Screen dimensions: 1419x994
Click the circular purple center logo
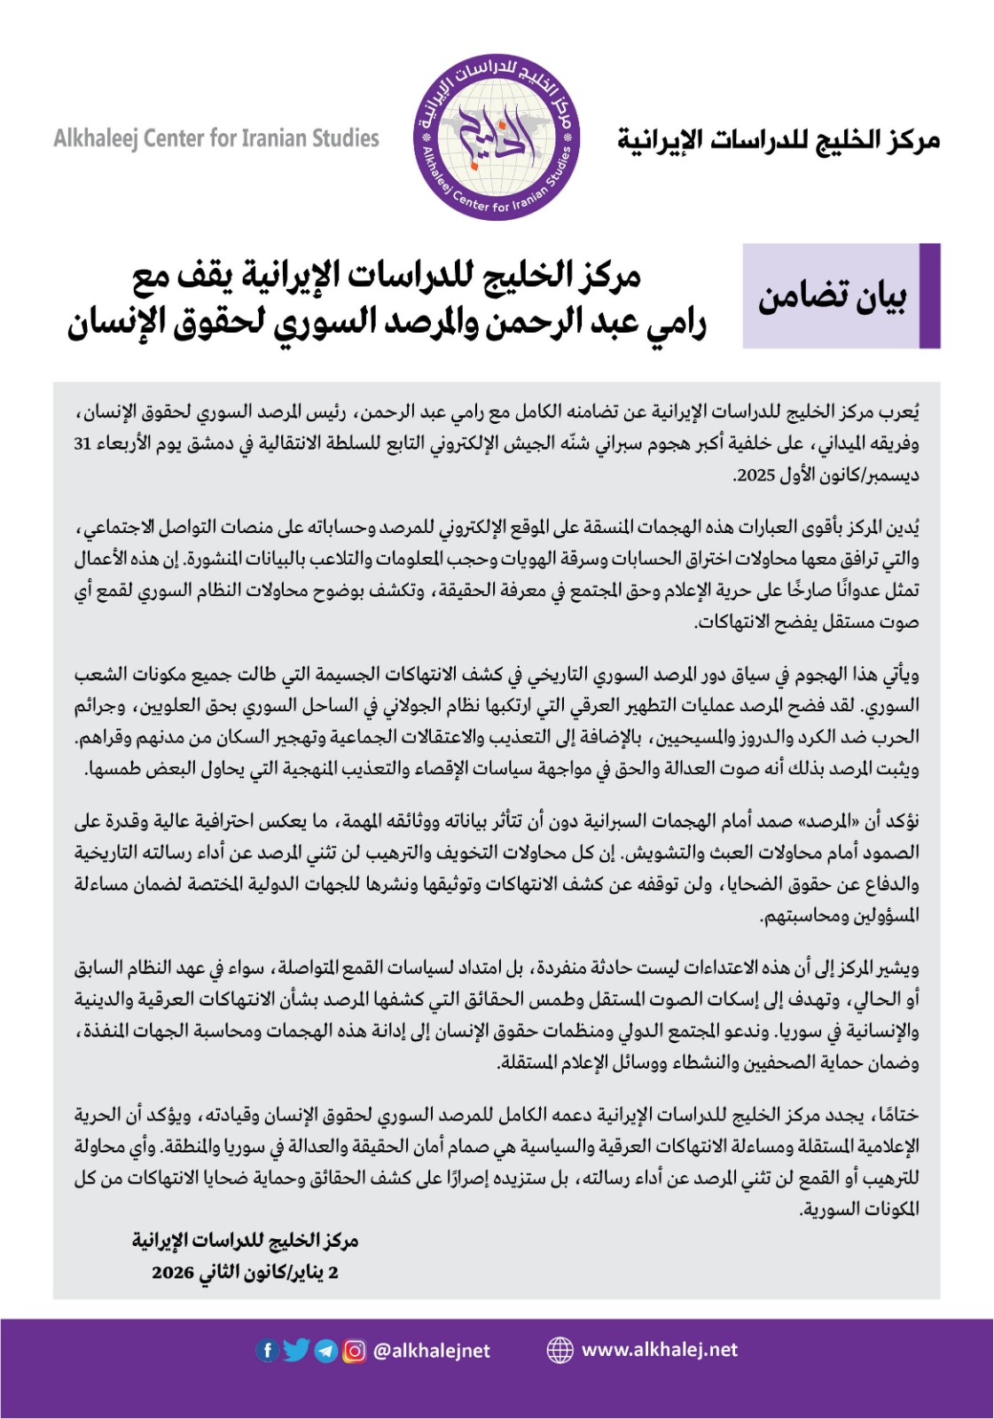(x=497, y=137)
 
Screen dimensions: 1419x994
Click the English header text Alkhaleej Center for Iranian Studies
(x=216, y=138)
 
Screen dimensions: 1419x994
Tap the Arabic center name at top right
(x=779, y=140)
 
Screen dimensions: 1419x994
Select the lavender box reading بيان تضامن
(x=831, y=296)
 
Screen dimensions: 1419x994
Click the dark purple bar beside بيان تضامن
(x=929, y=296)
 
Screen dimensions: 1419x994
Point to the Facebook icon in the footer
(x=267, y=1350)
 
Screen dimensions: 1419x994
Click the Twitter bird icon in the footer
(x=296, y=1350)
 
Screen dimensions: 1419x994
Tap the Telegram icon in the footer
(x=325, y=1350)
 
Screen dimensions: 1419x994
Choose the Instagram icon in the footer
(x=354, y=1350)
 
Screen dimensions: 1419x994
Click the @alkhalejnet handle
(x=432, y=1350)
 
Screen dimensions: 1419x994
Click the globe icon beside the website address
(x=560, y=1350)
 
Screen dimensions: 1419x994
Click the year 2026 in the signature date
(x=172, y=1273)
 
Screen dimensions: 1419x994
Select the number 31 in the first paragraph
(x=83, y=443)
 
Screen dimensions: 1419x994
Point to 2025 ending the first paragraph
(x=756, y=475)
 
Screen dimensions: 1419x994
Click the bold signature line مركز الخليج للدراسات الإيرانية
(x=246, y=1241)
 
